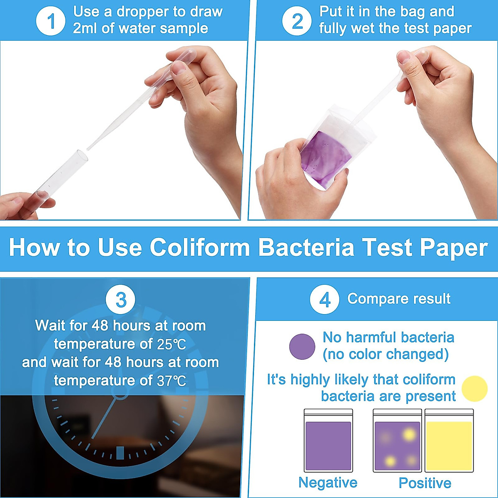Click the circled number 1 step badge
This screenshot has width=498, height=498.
[51, 21]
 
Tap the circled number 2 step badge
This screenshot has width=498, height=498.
[297, 21]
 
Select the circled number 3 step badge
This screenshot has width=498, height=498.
[120, 299]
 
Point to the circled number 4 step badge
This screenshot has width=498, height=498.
[325, 299]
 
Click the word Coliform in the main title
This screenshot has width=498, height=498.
[200, 247]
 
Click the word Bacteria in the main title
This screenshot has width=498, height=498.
[306, 247]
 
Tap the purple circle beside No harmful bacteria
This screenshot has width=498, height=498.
[302, 347]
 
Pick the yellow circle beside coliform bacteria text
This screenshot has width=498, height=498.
[474, 389]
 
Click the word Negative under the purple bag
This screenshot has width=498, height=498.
[328, 483]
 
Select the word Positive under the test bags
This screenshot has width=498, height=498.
[425, 483]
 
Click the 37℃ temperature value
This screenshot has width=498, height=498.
[171, 381]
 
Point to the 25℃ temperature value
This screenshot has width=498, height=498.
[171, 344]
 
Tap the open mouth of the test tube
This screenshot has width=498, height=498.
[82, 155]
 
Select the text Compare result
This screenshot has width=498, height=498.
[398, 299]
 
